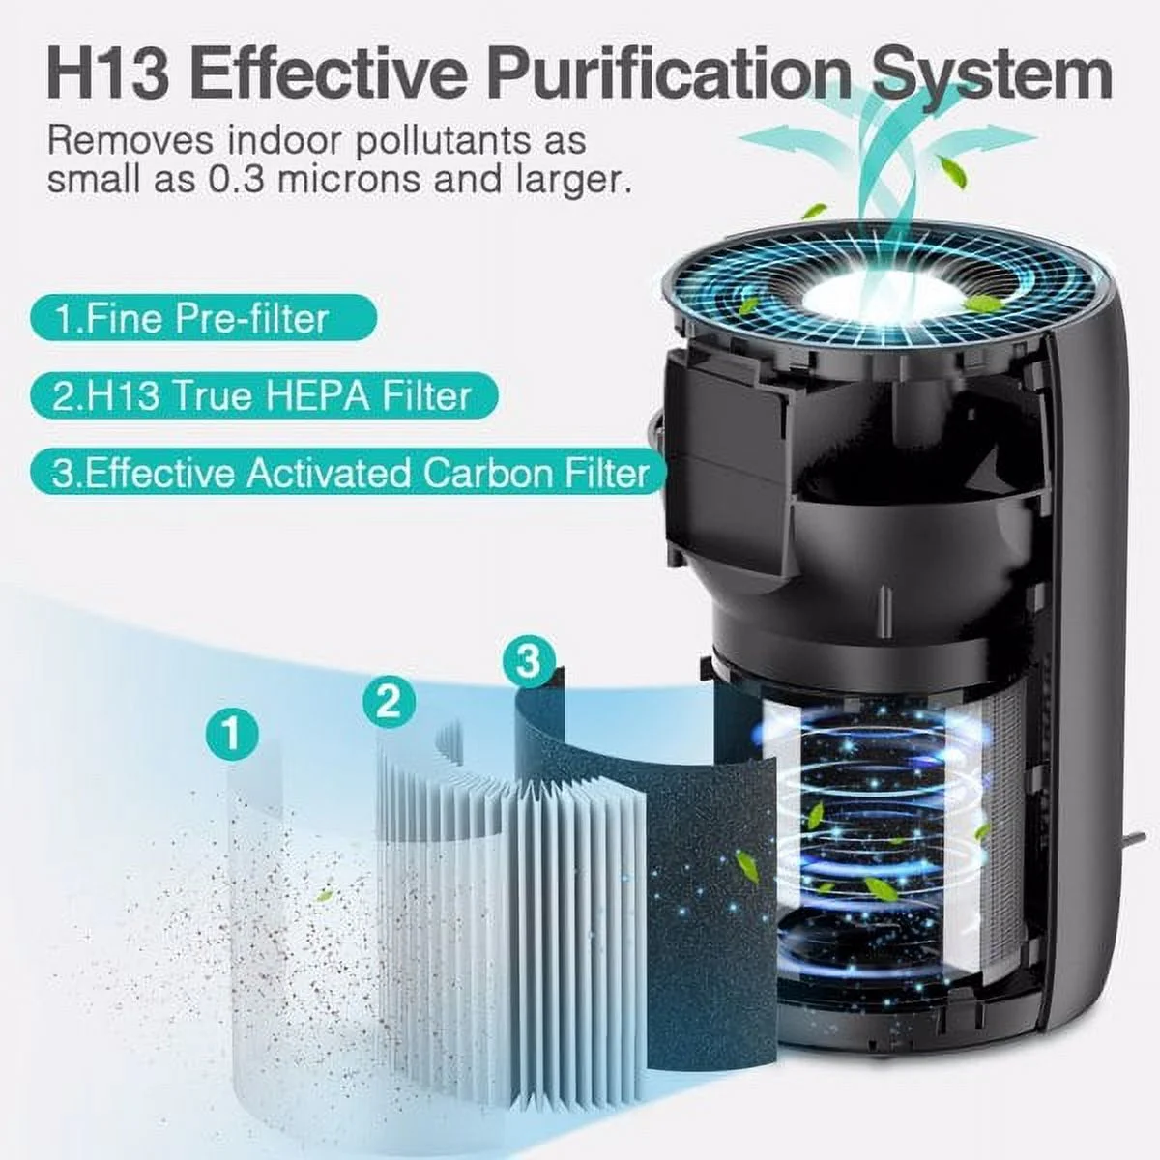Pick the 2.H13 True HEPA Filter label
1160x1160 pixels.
pyautogui.click(x=261, y=395)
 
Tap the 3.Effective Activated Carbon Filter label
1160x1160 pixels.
pyautogui.click(x=349, y=474)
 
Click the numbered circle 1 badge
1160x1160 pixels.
pyautogui.click(x=232, y=734)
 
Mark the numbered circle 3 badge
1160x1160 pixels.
pyautogui.click(x=528, y=662)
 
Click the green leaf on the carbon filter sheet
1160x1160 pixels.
pyautogui.click(x=746, y=859)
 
